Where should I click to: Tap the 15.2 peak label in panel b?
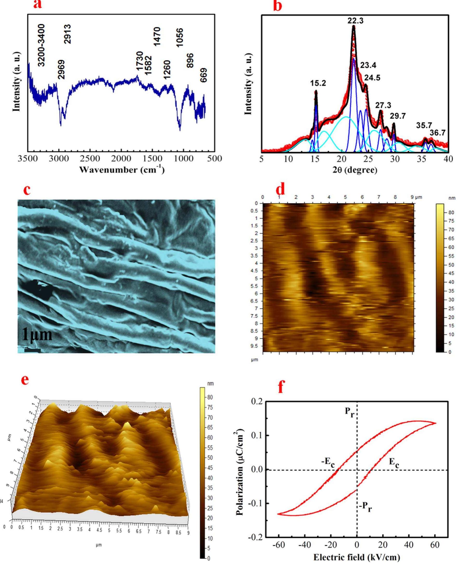coord(318,83)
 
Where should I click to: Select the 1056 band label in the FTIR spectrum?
coord(180,38)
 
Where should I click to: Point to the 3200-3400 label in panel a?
coord(41,45)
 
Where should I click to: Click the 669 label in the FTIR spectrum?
coord(203,75)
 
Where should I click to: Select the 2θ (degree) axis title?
coord(355,170)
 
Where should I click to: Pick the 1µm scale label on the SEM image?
coord(37,335)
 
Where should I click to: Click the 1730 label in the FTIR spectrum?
coord(140,61)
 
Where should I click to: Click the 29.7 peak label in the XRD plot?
coord(397,116)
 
